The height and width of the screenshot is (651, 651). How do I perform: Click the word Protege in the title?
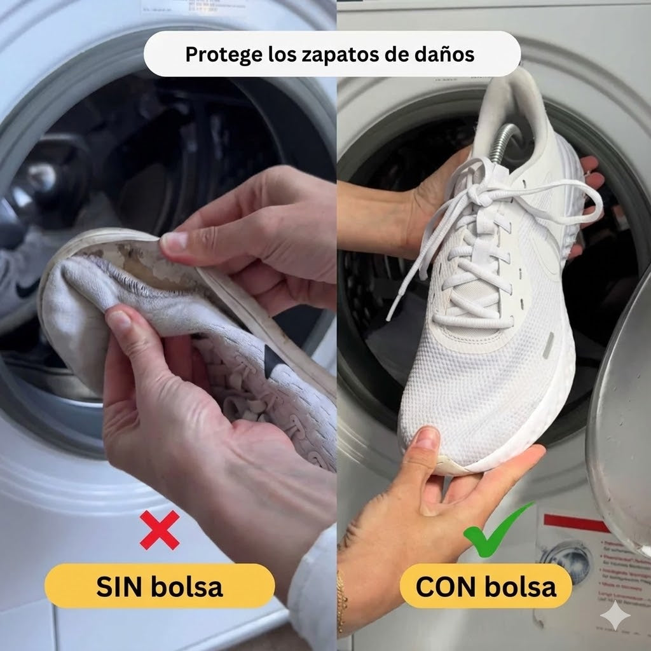point(222,54)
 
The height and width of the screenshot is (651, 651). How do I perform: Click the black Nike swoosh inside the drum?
point(27,290)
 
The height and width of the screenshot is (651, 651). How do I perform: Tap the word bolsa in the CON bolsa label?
point(520,587)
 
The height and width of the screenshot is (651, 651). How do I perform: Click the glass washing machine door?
point(620,420)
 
